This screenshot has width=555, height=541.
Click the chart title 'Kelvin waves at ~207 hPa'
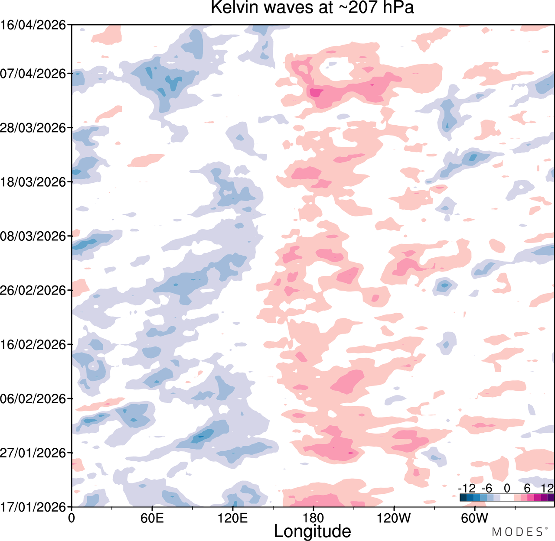[x=312, y=7]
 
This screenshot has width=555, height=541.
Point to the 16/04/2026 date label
[x=33, y=25]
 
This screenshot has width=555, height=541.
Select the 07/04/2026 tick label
[x=33, y=74]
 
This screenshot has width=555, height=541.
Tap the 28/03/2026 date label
[x=33, y=128]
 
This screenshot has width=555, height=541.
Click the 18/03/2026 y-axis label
[x=33, y=182]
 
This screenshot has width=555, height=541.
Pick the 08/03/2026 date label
[x=33, y=236]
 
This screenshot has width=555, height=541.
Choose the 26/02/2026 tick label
[x=33, y=291]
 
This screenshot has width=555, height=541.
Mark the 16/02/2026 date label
[x=33, y=345]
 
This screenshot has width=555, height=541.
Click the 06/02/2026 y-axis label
[x=33, y=399]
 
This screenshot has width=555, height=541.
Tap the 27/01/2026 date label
[x=33, y=453]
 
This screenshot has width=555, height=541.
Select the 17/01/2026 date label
[x=33, y=507]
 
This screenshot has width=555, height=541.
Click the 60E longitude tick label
[x=152, y=518]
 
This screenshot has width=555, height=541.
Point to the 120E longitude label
[x=233, y=518]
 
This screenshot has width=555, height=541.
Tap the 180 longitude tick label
[x=313, y=518]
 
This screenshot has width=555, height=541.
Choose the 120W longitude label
[x=394, y=518]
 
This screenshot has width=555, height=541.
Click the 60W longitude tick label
[x=475, y=518]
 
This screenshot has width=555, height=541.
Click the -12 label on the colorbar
[x=467, y=488]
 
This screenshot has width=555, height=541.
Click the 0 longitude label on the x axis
[x=71, y=518]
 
